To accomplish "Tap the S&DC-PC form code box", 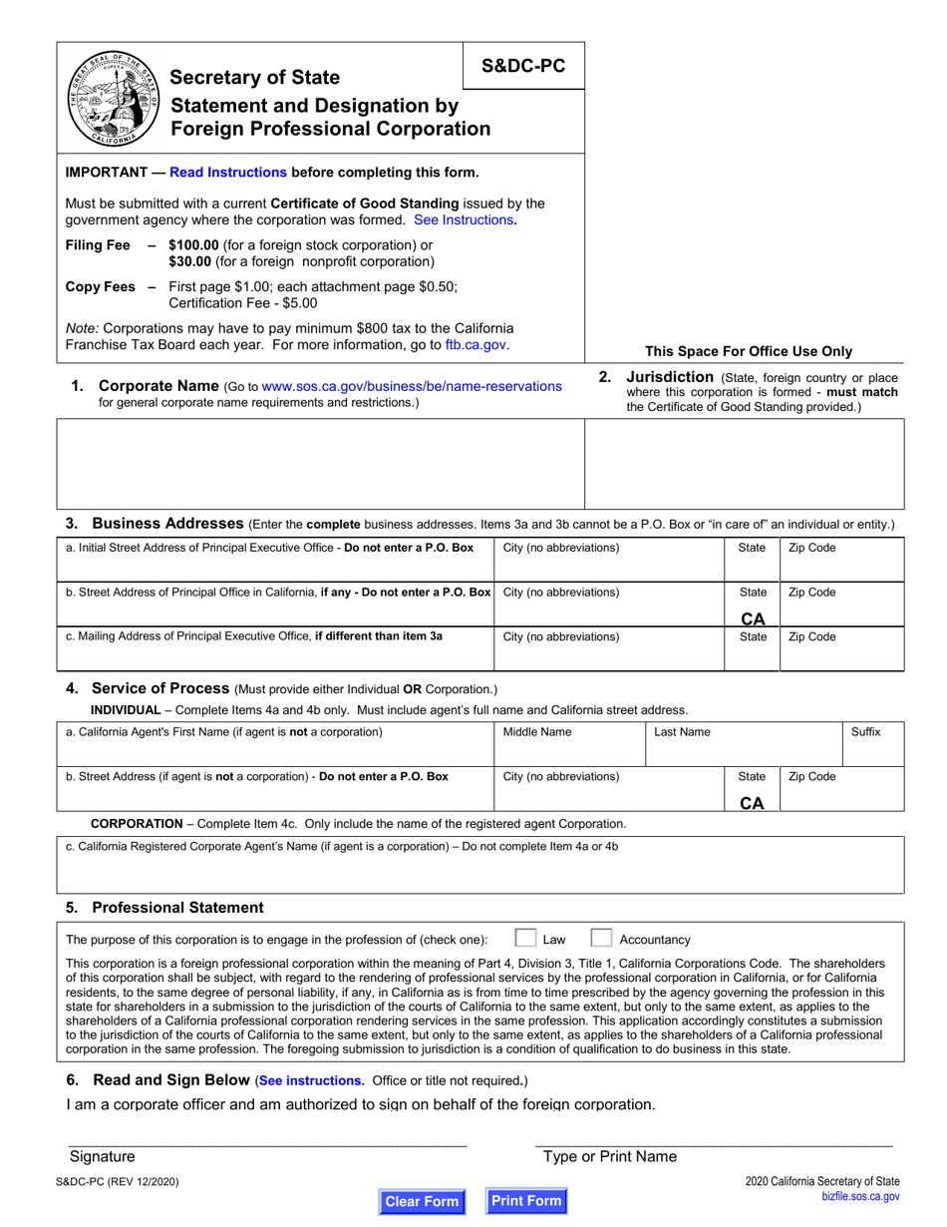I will click(523, 66).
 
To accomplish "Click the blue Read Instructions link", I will click(228, 172).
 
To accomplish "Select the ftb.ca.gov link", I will click(475, 345).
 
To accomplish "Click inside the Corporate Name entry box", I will click(320, 464).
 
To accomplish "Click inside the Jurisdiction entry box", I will click(744, 464).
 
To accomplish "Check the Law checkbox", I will click(524, 938).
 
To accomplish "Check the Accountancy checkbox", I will click(600, 938).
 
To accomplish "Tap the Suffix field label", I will click(865, 731).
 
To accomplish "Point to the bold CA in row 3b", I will click(753, 618).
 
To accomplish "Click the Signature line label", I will click(102, 1156).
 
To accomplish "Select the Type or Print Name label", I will click(609, 1156).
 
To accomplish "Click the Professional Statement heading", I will click(177, 907).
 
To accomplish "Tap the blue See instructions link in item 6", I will click(310, 1080).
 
